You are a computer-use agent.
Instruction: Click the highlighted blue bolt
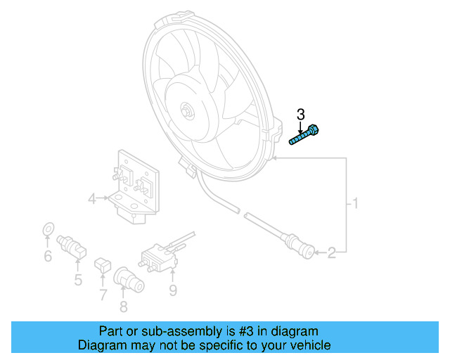[305, 135]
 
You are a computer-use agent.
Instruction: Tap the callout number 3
[301, 114]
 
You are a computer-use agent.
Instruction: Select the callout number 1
[356, 205]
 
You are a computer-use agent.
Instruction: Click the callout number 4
[91, 200]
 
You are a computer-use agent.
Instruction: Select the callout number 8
[124, 306]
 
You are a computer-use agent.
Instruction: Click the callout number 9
[173, 290]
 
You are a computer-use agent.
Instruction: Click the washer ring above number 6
[48, 229]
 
